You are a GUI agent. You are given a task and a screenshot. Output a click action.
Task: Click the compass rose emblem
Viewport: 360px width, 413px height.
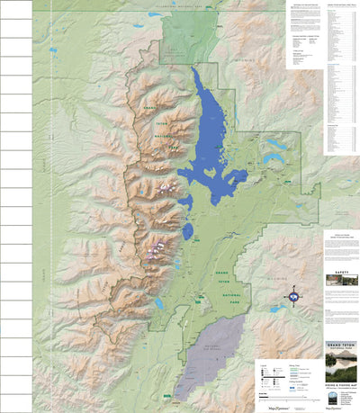292,297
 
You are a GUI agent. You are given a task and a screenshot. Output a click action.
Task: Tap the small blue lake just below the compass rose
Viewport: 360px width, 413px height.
278,308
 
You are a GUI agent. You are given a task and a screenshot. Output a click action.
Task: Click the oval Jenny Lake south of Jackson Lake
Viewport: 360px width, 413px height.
187,231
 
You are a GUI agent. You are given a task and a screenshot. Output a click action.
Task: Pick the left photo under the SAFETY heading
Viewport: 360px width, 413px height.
333,288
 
